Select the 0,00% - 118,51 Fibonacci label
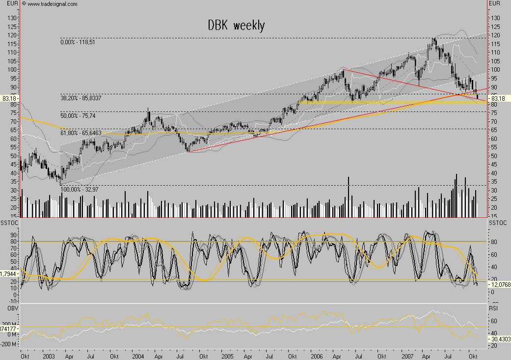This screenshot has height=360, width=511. [x=78, y=43]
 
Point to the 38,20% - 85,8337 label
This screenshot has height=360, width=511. [x=81, y=98]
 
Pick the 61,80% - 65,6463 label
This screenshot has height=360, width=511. [x=81, y=133]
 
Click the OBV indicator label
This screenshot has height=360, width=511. [x=7, y=307]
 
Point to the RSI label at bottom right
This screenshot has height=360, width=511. [x=494, y=307]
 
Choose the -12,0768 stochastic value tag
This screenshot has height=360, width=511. [x=499, y=284]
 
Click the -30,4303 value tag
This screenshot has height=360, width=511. [x=499, y=339]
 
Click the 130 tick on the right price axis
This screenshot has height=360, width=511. [x=495, y=18]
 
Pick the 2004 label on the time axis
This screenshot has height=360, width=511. [x=139, y=355]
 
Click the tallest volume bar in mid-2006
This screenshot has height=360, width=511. [x=348, y=196]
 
